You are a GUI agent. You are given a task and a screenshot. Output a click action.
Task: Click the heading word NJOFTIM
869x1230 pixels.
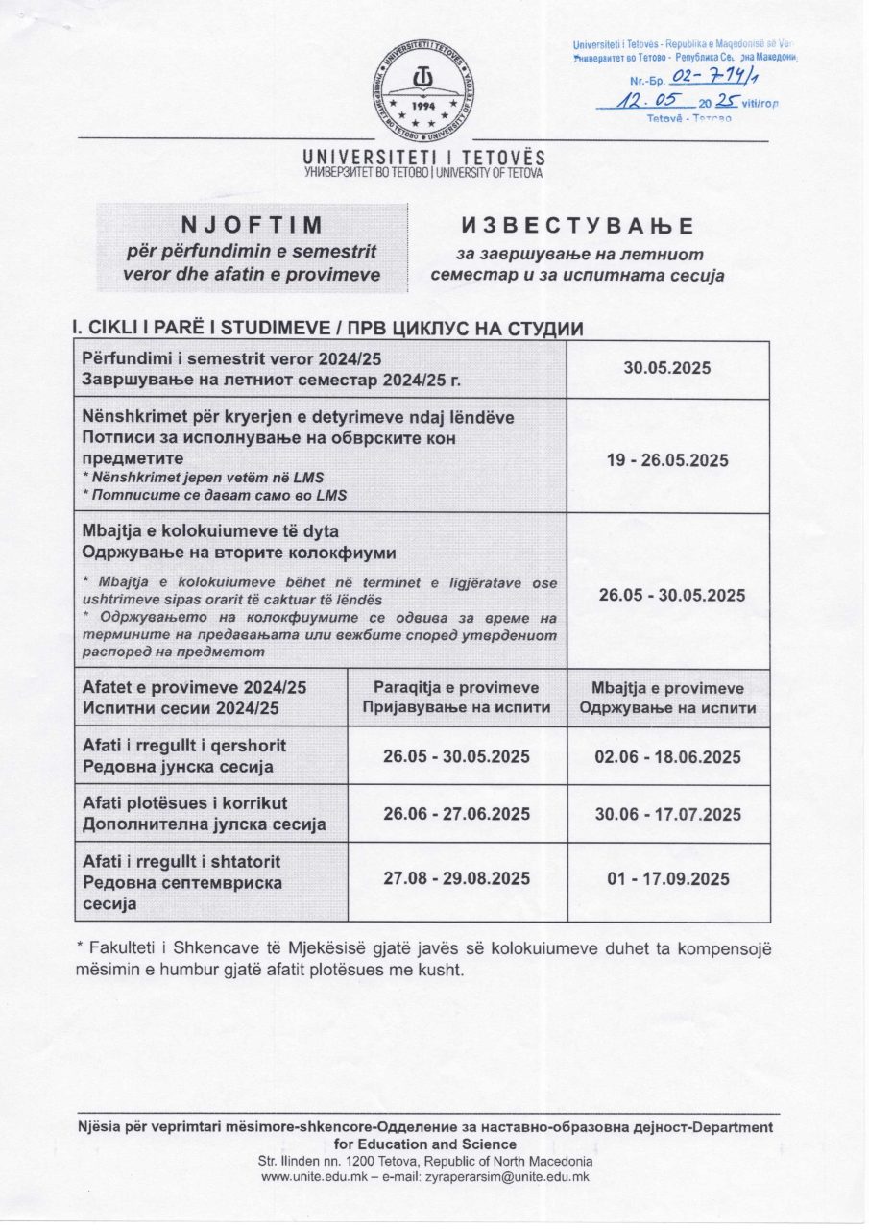point(252,225)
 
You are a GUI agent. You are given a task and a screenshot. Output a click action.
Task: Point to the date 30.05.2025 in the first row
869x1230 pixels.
point(667,368)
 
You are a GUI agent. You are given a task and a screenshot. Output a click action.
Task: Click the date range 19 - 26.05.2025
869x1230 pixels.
point(667,460)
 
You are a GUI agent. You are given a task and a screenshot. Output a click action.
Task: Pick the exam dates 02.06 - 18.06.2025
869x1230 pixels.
point(667,757)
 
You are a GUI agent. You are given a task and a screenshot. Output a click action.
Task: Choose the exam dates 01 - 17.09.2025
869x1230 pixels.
point(667,879)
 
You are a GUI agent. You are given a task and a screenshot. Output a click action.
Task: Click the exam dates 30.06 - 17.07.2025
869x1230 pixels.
point(667,815)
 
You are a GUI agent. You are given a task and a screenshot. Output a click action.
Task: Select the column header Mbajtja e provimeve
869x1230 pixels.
point(667,688)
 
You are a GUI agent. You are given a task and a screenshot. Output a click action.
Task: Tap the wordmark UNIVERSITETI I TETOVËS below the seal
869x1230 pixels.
point(423,157)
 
